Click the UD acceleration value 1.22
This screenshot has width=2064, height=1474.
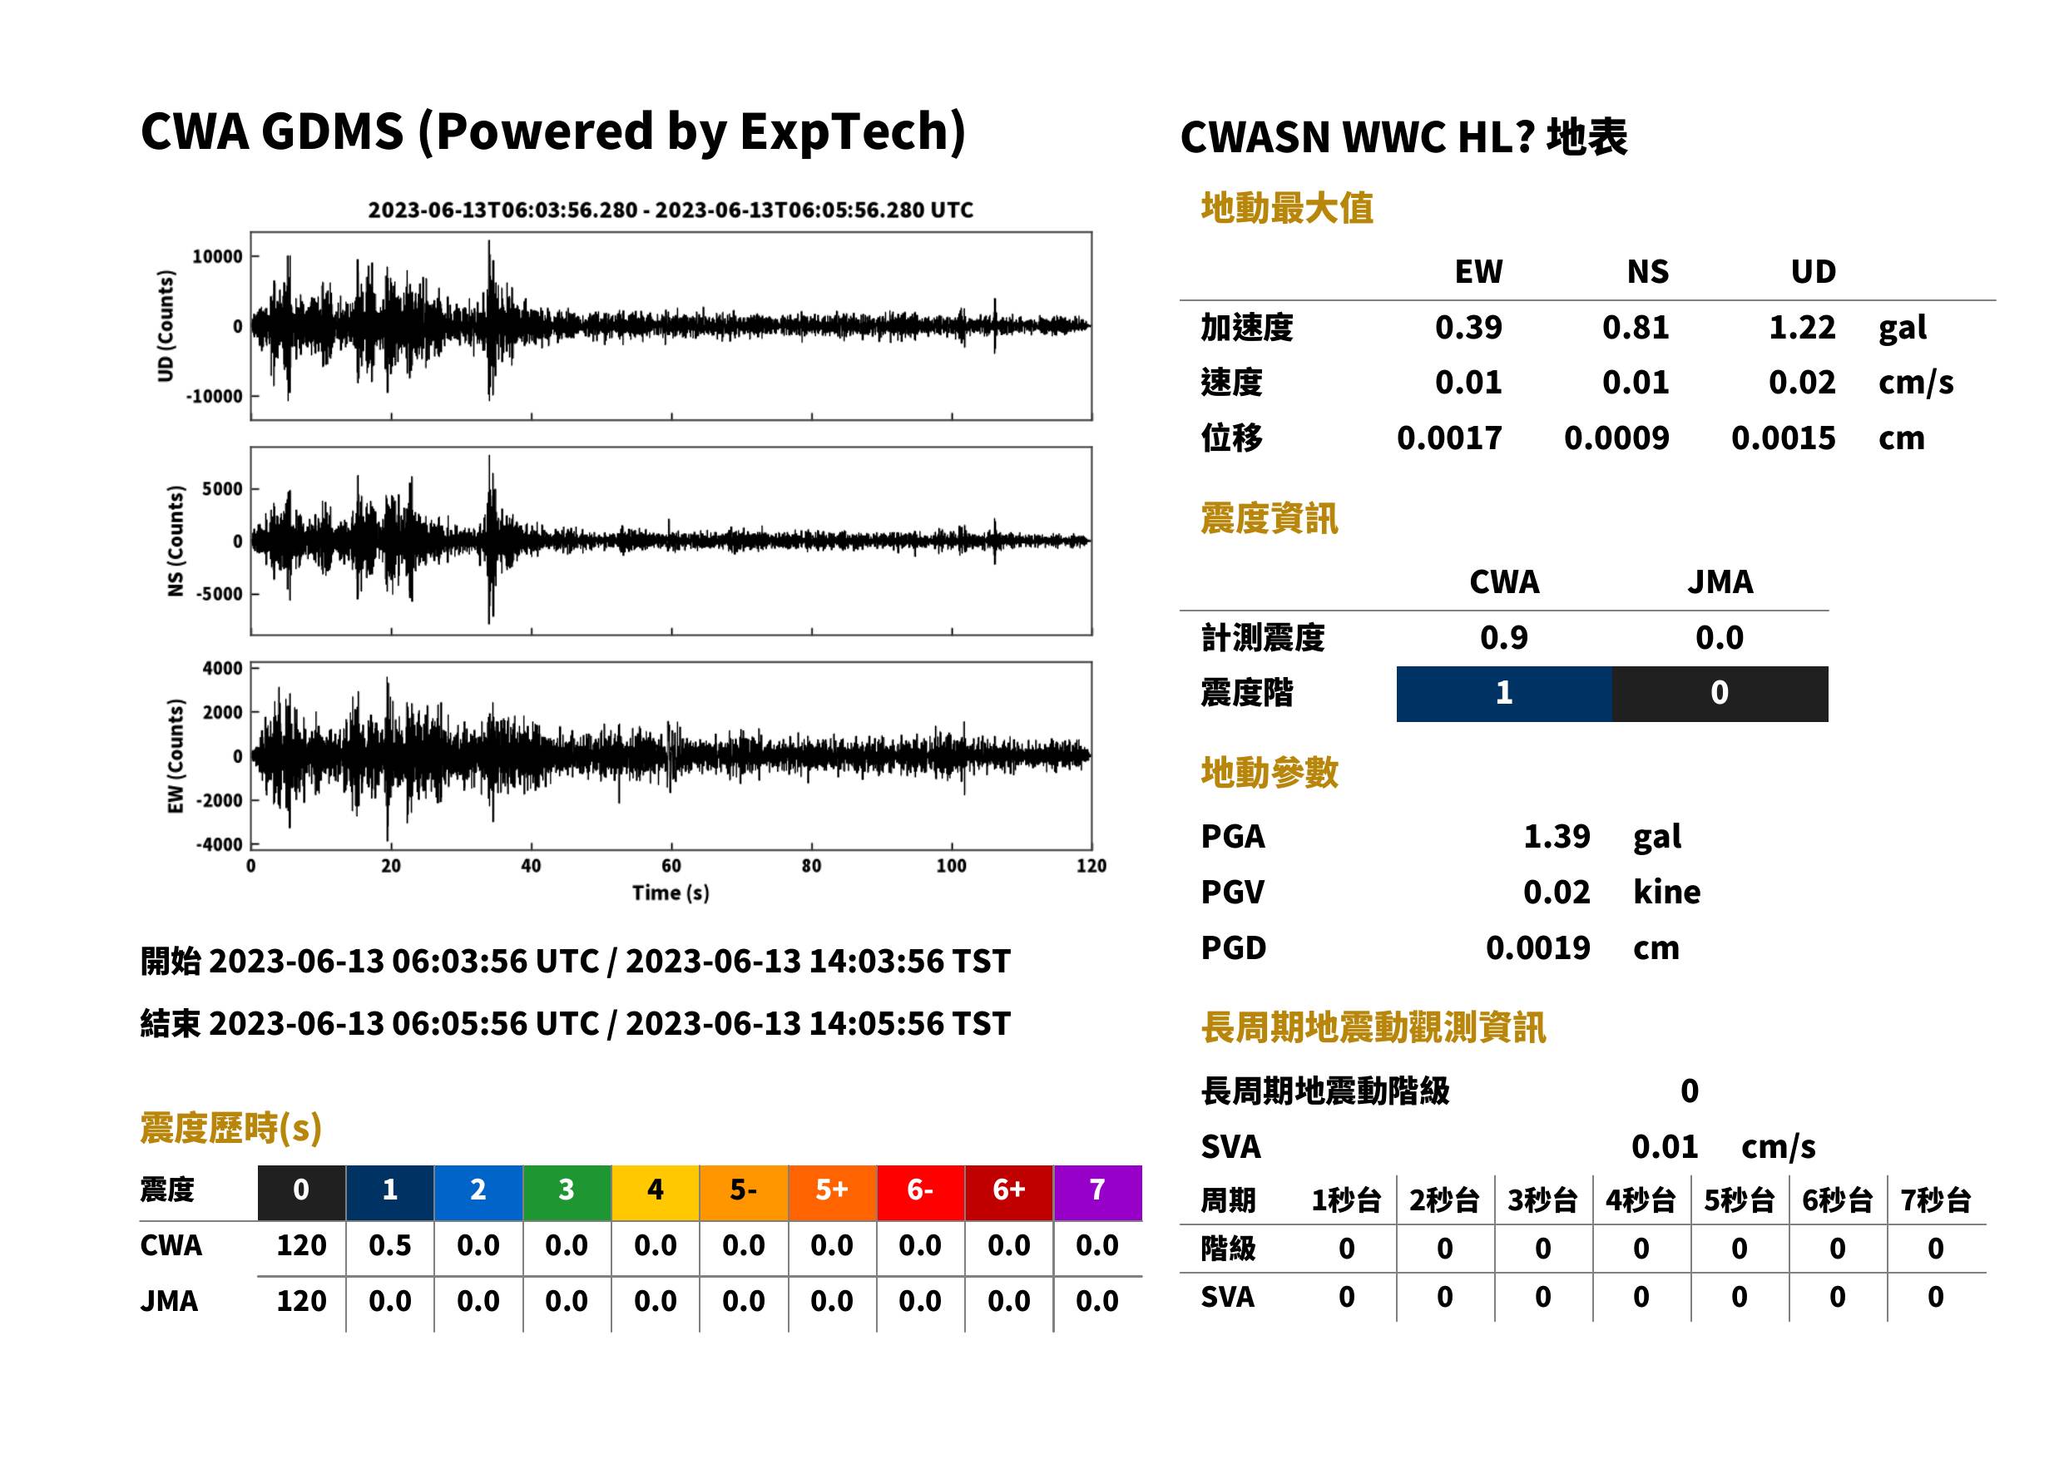1802,328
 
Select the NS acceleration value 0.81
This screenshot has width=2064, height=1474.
1636,328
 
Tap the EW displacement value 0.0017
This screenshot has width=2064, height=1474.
1449,438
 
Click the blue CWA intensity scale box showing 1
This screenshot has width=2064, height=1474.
1504,694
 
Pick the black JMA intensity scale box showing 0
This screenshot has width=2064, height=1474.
1720,694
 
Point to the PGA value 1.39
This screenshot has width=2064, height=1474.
1557,836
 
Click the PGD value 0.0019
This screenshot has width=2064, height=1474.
1538,947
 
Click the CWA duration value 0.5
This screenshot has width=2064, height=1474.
390,1246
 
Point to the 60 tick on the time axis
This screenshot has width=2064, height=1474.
671,866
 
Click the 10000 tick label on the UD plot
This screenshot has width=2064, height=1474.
217,257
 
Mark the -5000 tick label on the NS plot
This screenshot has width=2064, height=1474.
219,595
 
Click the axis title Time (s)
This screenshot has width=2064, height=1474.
671,893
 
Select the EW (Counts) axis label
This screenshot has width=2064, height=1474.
176,756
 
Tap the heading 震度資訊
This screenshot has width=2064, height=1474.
1269,519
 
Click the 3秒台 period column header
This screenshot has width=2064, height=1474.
1542,1201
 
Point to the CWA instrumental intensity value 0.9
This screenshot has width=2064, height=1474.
1504,638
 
